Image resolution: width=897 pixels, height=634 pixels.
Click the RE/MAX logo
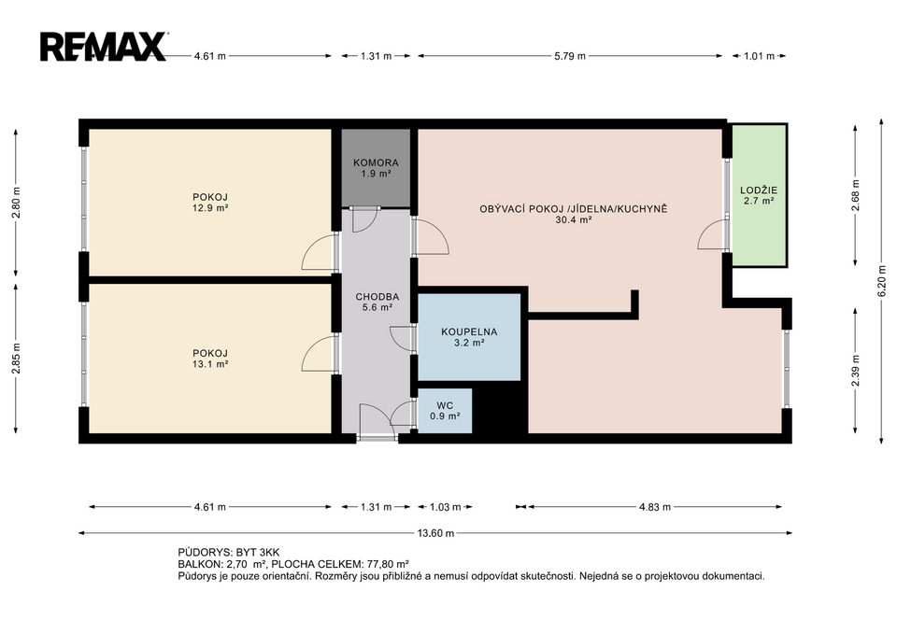[104, 47]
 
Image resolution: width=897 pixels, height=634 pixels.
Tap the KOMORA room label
[376, 162]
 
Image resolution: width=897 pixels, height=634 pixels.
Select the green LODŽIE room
[759, 195]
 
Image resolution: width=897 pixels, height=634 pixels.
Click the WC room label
[445, 406]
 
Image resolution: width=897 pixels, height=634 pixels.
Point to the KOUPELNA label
[469, 331]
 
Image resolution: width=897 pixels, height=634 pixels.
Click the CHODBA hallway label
[377, 297]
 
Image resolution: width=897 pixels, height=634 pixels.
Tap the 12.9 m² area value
[210, 208]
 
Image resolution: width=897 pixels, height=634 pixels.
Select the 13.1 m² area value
[210, 364]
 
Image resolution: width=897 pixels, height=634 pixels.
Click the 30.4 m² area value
[573, 219]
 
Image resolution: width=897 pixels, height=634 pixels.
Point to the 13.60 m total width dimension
[435, 533]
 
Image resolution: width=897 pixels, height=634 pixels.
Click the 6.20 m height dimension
[882, 284]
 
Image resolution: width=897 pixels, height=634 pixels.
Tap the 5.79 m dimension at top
[570, 56]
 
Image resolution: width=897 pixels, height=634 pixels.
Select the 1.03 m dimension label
[445, 507]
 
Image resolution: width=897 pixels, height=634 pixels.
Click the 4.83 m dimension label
[654, 507]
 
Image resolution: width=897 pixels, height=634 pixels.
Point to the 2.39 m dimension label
[856, 371]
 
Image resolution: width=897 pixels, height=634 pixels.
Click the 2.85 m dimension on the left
[16, 359]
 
